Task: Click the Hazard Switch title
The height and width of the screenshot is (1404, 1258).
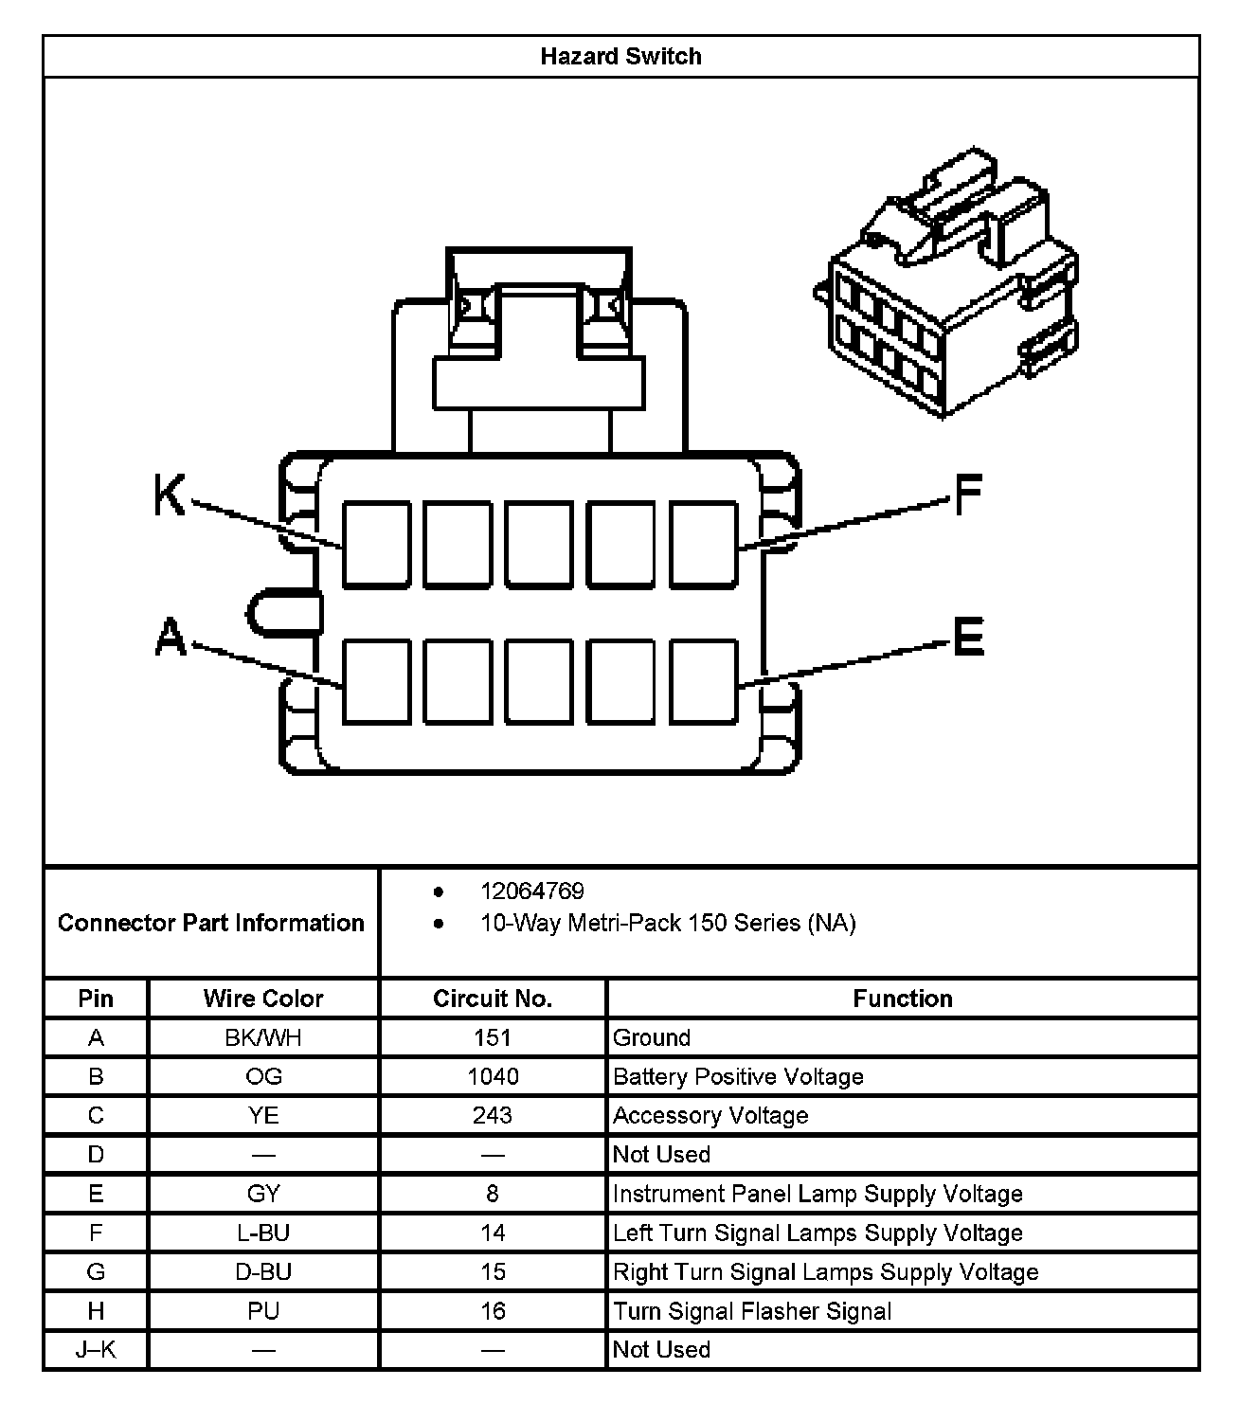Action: [620, 57]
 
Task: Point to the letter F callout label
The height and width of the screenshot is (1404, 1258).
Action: [967, 494]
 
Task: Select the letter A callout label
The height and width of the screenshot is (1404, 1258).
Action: [171, 637]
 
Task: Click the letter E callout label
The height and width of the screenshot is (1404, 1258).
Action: [968, 636]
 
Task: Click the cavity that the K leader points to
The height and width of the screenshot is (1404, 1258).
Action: [376, 545]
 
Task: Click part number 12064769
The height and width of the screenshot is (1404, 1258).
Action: [531, 891]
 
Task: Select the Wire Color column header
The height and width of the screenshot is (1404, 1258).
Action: [263, 999]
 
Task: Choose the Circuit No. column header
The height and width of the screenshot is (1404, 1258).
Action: [492, 999]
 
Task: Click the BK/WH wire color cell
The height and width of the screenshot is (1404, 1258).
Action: [263, 1038]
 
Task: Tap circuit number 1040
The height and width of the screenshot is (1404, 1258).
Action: [493, 1077]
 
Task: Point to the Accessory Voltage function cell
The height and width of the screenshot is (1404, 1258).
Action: [710, 1116]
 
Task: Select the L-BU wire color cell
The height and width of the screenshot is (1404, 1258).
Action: [263, 1233]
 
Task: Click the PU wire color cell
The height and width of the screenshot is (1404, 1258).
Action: [263, 1312]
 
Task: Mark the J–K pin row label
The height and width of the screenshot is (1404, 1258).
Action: [96, 1350]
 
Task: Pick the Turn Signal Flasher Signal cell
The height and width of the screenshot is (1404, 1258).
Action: [752, 1312]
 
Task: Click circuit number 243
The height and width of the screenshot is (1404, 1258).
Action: [493, 1116]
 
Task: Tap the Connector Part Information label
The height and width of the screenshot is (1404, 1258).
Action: [210, 923]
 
